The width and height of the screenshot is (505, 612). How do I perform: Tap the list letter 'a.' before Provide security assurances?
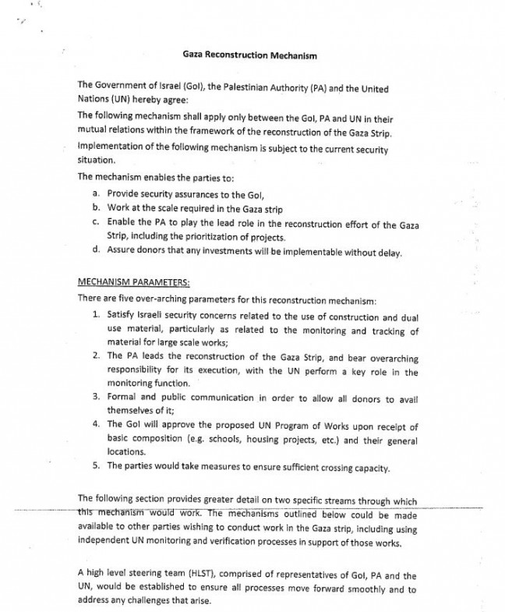click(x=95, y=193)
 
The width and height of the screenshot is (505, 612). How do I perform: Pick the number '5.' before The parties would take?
click(x=95, y=467)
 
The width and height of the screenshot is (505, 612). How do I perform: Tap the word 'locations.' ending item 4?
click(x=126, y=452)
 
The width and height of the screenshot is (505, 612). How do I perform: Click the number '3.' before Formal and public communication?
click(x=95, y=398)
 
